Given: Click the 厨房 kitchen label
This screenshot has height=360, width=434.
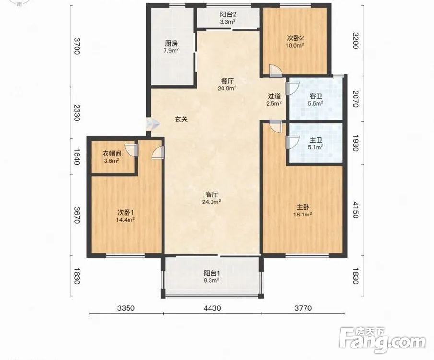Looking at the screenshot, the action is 171,43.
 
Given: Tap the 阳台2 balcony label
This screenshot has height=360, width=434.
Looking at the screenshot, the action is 228,14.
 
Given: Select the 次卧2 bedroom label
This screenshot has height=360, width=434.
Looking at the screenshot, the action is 295,38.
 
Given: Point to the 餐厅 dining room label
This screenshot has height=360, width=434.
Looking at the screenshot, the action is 227,81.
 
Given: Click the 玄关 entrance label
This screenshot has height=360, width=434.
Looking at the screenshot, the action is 181,119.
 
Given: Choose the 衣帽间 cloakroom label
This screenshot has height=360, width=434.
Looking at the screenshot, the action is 112,153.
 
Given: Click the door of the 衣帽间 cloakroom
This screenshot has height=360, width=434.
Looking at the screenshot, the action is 131,150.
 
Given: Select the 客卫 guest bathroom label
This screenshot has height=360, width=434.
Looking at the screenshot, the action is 316,96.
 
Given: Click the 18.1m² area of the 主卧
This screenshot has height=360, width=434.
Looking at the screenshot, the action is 303,214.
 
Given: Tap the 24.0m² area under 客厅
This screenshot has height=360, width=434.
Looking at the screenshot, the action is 211,202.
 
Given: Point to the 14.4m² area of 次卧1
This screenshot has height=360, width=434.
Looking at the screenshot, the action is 125,220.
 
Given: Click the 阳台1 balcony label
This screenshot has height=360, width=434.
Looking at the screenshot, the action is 212,273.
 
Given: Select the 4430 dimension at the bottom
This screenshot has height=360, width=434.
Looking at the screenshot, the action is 212,308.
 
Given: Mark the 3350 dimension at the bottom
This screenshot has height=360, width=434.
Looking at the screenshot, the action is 126,308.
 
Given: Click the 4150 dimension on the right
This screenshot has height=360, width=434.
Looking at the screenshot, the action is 356,210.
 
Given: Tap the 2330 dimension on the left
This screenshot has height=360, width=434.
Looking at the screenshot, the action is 77,113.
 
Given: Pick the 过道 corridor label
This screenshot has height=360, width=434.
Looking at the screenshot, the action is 274,96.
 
